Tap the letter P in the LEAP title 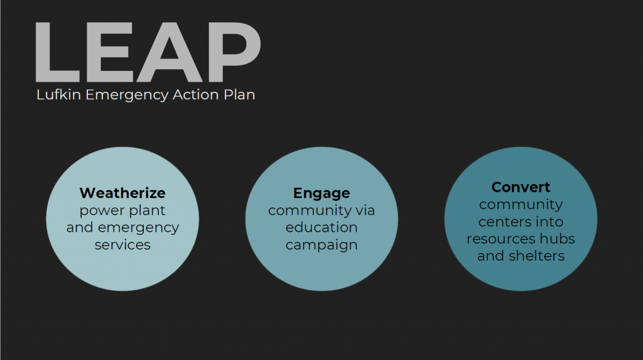(235, 52)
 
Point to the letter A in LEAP (169, 52)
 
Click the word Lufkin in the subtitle (58, 94)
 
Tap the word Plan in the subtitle (239, 94)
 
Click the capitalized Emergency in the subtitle (127, 95)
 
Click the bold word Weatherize (122, 192)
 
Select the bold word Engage (321, 194)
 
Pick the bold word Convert (521, 187)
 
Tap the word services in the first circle (122, 245)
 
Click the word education (321, 227)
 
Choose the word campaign (321, 245)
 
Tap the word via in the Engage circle (365, 210)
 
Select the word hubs (558, 239)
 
